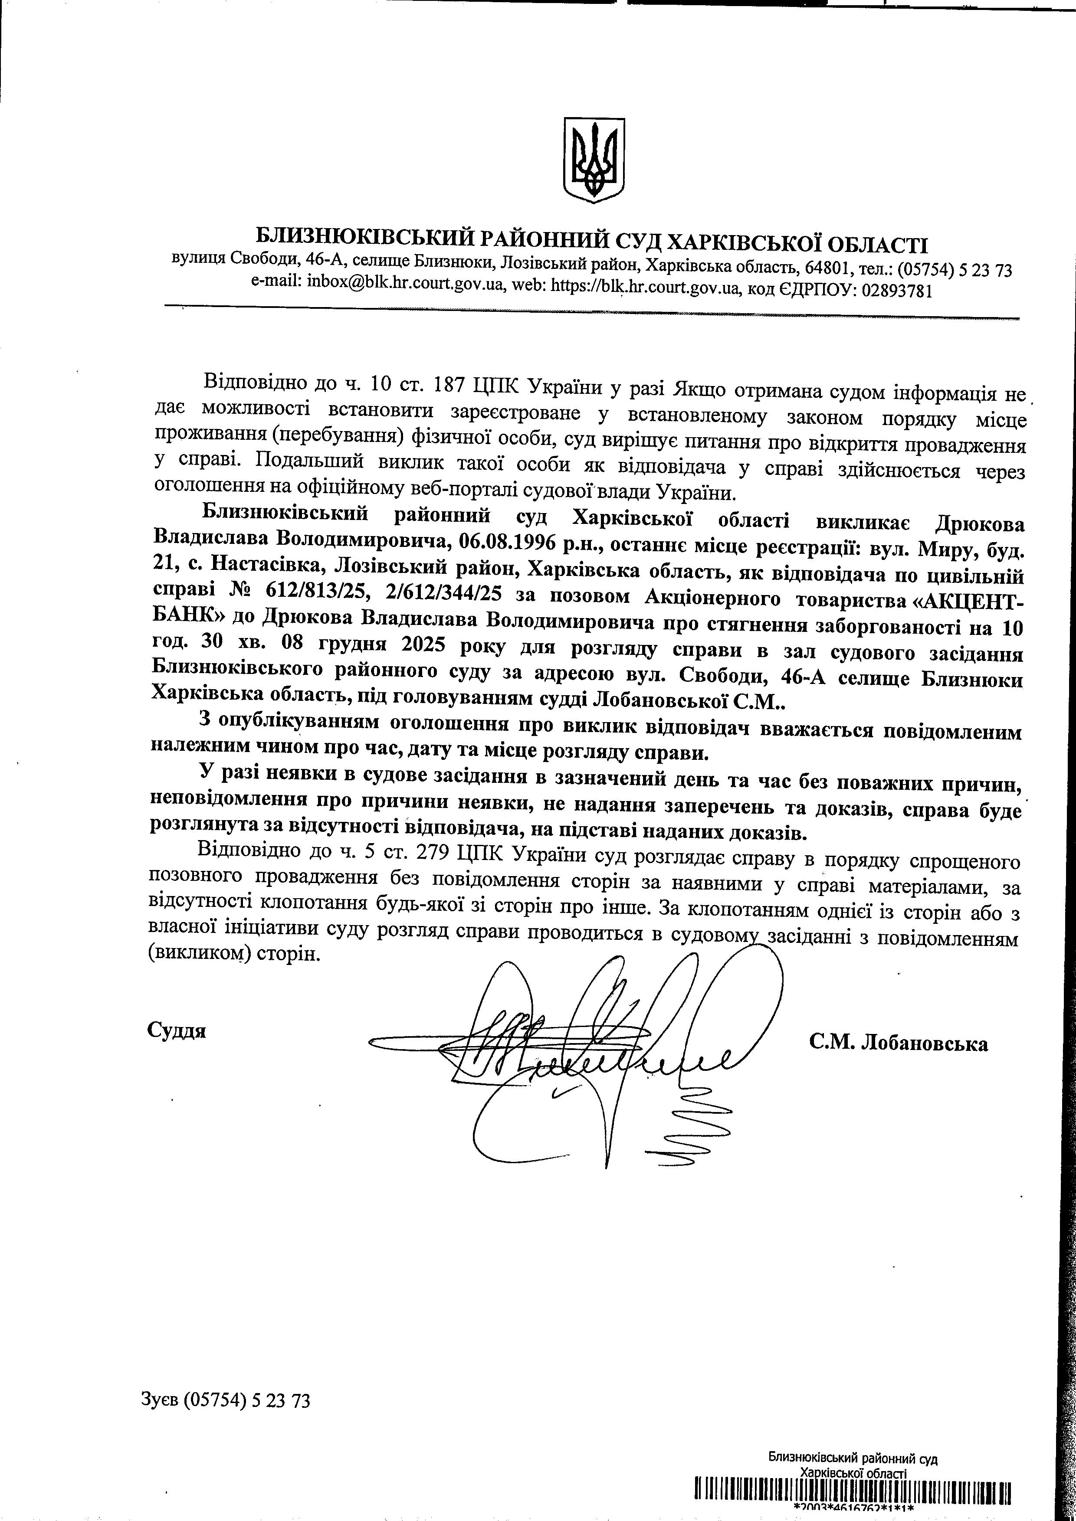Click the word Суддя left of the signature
point(176,1031)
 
